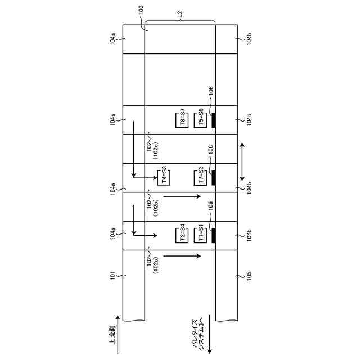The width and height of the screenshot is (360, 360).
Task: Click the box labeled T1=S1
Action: (200, 235)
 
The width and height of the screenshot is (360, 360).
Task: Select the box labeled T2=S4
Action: (182, 235)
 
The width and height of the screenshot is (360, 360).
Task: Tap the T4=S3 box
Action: (164, 178)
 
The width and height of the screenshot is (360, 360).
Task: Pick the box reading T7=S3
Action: (200, 178)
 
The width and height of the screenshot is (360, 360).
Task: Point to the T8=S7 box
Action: (182, 120)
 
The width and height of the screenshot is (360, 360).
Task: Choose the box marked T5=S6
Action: (200, 120)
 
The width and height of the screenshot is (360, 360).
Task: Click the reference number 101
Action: (112, 275)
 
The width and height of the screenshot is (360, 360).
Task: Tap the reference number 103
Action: (141, 10)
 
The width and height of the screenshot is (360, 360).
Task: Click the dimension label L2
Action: (180, 14)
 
